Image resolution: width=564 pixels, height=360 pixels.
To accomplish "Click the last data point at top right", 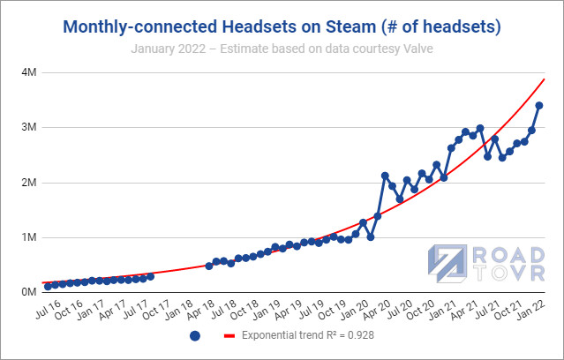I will point(539,106).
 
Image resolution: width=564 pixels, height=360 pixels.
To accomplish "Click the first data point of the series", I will point(48,287).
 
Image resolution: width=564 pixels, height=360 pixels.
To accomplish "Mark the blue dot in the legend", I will point(195,336).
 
